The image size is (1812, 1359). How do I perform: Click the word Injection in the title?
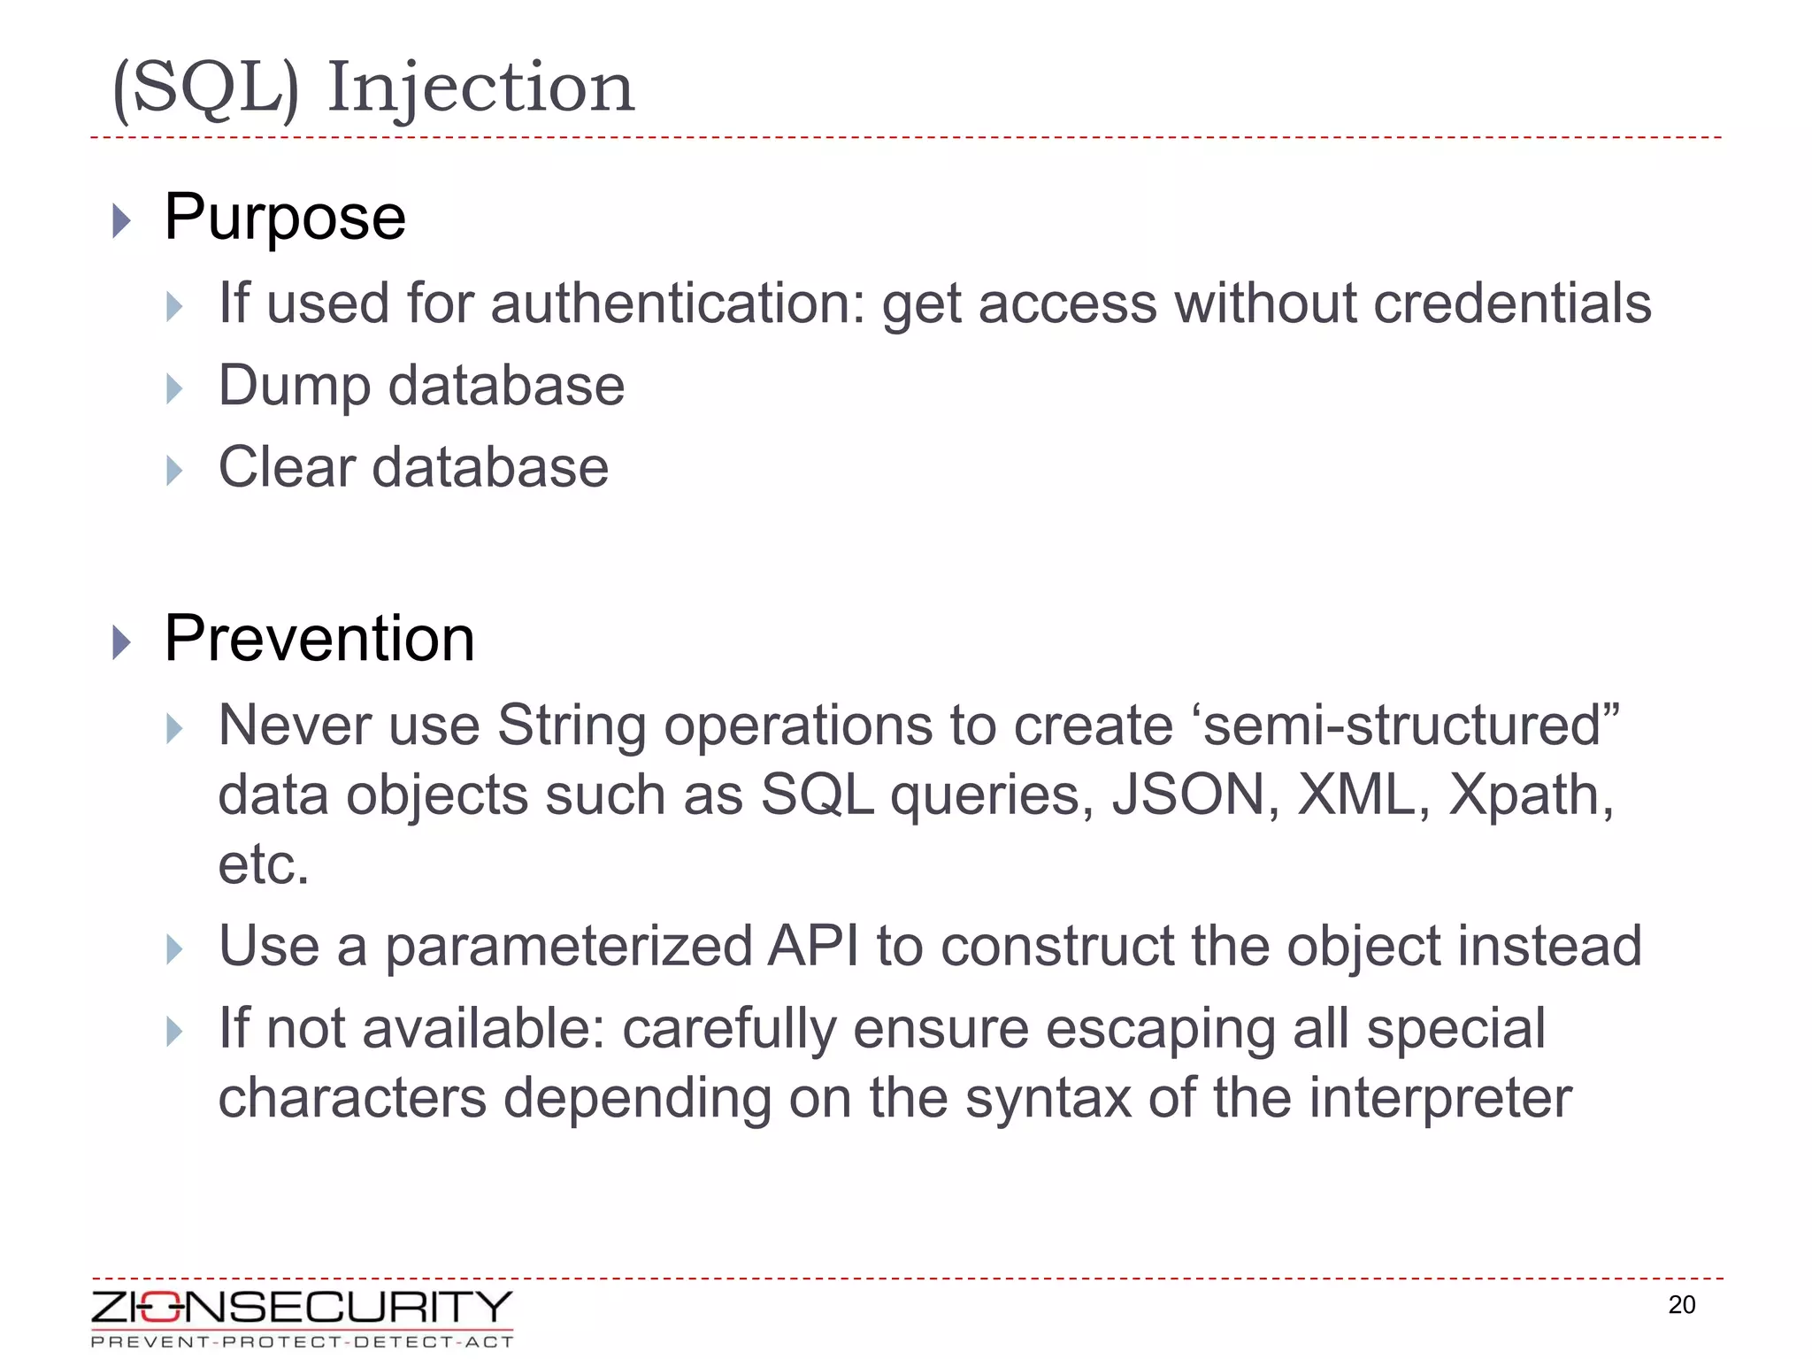coord(480,88)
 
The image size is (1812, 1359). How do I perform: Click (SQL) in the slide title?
coord(206,88)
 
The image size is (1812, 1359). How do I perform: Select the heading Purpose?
coord(285,217)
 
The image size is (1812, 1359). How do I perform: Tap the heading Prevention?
coord(319,638)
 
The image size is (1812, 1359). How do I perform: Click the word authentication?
coord(678,303)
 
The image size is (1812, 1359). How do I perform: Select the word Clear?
coord(287,467)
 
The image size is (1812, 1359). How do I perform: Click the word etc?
coord(264,864)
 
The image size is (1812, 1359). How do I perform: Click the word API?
coord(813,946)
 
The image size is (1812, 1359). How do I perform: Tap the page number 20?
coord(1681,1305)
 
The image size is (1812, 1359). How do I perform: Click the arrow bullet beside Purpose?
coord(122,220)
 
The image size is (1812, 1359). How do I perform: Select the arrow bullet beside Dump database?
coord(174,388)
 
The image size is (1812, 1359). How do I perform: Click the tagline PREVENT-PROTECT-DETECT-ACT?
coord(302,1342)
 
